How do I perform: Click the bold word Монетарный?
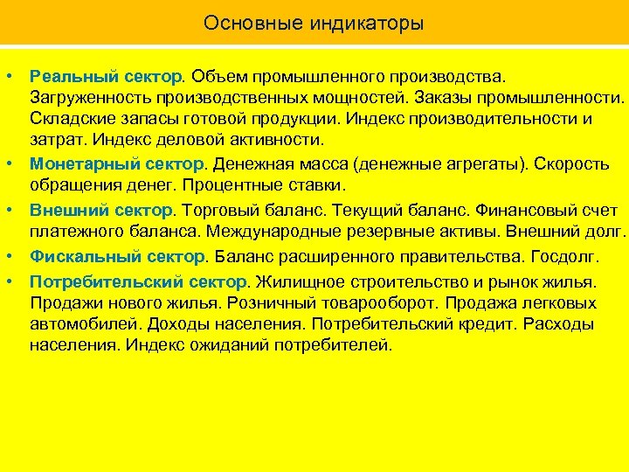point(77,163)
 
